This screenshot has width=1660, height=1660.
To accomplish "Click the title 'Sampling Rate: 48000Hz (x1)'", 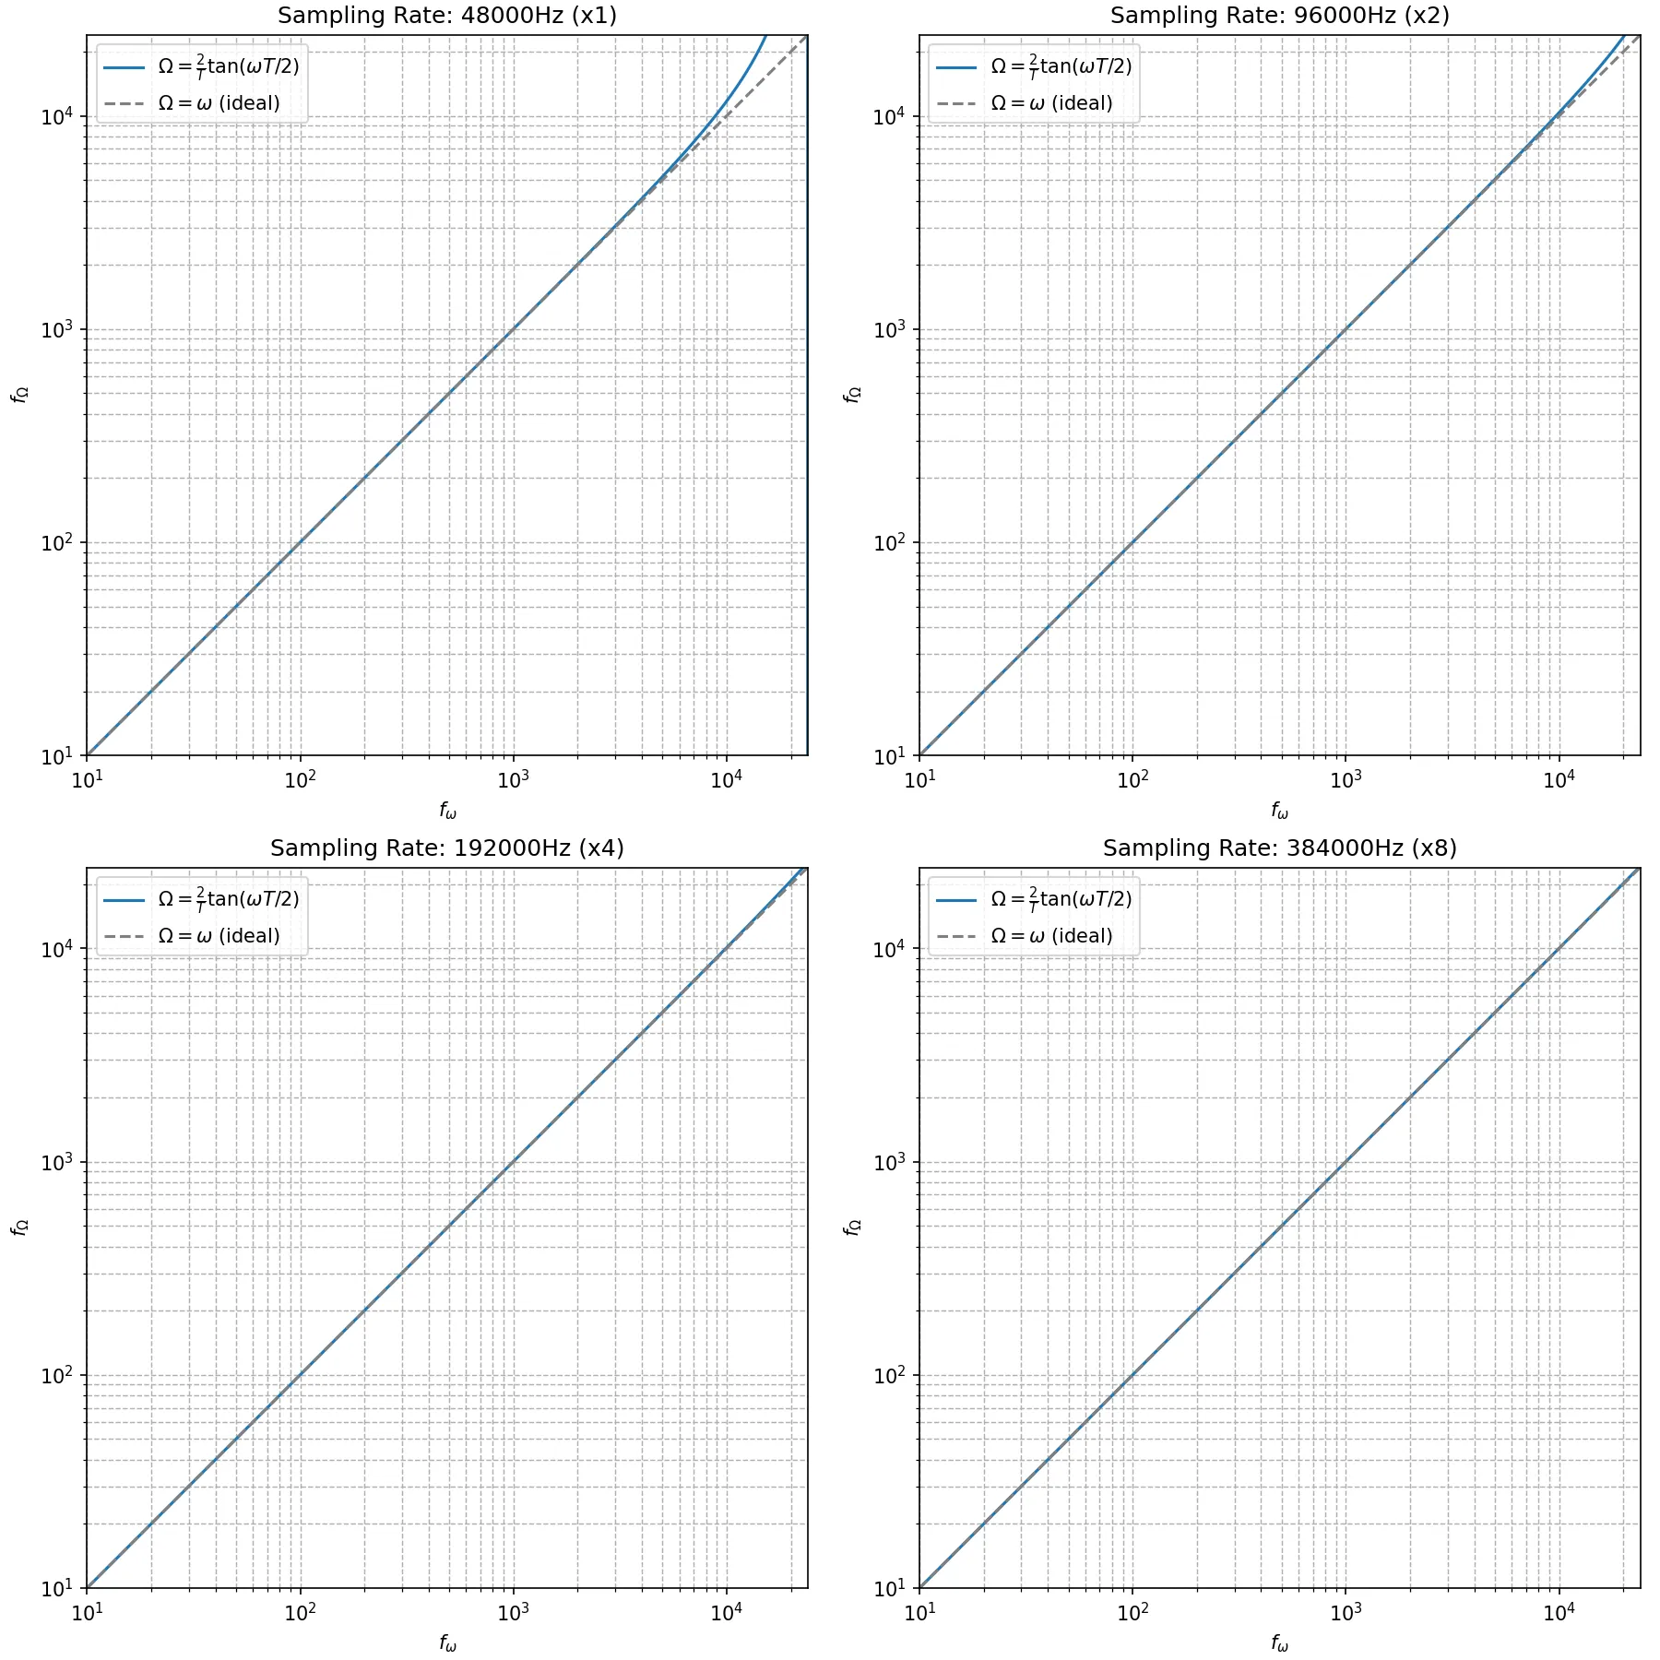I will (447, 16).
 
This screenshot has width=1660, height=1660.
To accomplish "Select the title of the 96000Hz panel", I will (1279, 16).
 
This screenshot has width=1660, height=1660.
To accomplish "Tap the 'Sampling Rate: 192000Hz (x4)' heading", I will (447, 848).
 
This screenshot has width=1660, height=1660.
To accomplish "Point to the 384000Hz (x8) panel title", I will (1279, 848).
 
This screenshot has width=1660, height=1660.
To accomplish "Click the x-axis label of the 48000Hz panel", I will (447, 811).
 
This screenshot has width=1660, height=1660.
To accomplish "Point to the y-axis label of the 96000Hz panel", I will (852, 395).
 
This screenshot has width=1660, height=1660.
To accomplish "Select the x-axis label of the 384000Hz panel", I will (1279, 1642).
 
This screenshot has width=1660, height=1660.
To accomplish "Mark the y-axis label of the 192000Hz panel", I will (19, 1227).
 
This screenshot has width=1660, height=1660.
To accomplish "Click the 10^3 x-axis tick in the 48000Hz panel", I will (513, 780).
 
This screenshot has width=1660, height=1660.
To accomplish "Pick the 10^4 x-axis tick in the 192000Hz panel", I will (726, 1613).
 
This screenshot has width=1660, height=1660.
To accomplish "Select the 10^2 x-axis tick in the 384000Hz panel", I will (1132, 1613).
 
